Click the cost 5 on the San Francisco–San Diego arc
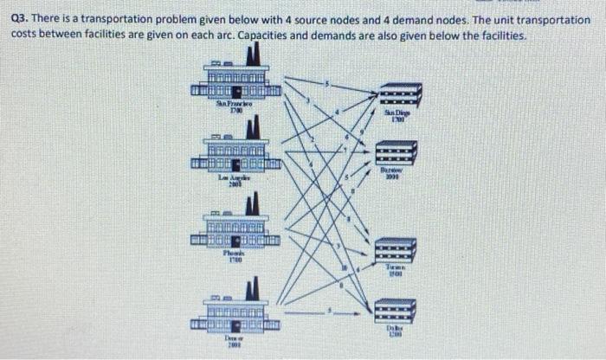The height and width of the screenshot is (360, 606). click(327, 83)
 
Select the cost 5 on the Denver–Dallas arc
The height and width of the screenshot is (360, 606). click(329, 308)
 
